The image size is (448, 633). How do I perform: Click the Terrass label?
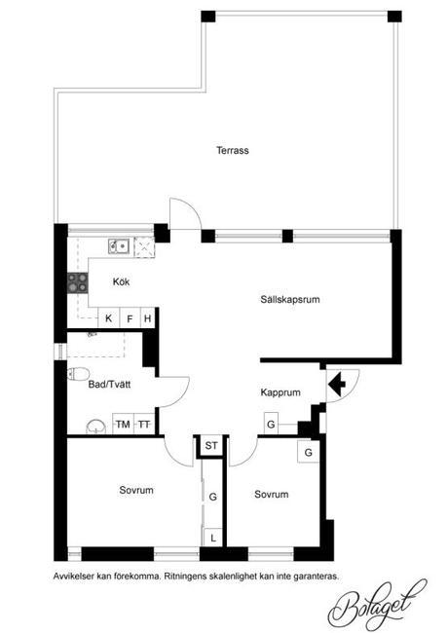tap(233, 151)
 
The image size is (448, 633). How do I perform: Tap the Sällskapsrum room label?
tap(290, 300)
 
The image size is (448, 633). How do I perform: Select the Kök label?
tap(121, 281)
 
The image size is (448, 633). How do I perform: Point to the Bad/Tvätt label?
tap(109, 384)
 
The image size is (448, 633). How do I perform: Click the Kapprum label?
tap(280, 392)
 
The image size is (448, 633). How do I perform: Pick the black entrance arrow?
tap(337, 384)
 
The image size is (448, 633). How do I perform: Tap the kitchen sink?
tap(118, 245)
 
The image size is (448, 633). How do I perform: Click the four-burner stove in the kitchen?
tap(78, 282)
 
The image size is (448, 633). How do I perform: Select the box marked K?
tap(108, 318)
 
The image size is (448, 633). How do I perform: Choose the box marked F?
tap(130, 318)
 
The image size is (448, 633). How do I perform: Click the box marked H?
tap(148, 318)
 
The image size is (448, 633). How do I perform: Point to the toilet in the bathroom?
tap(78, 374)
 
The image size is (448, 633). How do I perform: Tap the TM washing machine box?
tap(123, 424)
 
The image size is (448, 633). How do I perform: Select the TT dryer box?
tap(144, 424)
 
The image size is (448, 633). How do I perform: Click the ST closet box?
tap(211, 446)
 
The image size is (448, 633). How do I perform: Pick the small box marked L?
tap(213, 538)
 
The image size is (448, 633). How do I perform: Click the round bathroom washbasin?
tap(96, 428)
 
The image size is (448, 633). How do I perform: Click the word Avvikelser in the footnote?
tap(74, 577)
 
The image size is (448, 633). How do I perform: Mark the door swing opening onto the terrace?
tap(185, 214)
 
